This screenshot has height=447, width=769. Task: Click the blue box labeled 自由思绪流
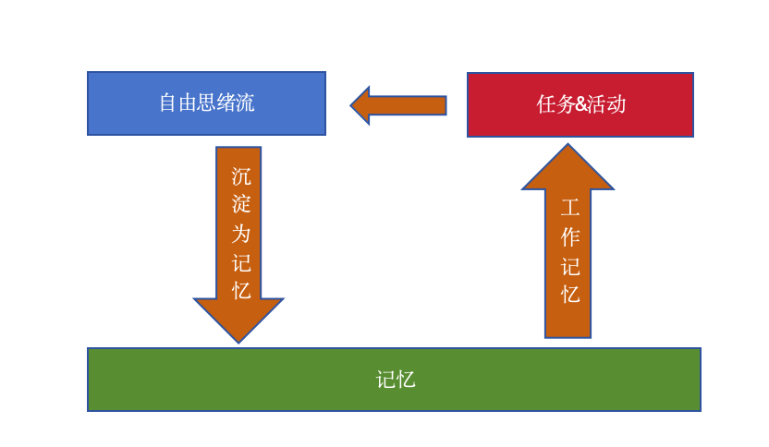[206, 103]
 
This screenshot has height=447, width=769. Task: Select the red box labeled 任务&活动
[580, 104]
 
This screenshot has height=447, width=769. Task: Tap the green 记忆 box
[394, 380]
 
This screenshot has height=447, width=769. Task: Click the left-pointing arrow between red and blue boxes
[398, 105]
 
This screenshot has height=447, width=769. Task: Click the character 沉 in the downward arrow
[240, 176]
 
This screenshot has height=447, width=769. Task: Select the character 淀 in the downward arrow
[240, 204]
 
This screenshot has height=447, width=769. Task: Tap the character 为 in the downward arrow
[240, 234]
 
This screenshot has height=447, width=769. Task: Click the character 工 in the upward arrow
[569, 208]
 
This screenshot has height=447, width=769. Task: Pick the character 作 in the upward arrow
[569, 237]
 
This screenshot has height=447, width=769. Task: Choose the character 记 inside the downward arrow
[240, 262]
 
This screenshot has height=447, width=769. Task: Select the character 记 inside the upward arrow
[569, 266]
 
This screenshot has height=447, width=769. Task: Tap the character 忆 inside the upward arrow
[569, 295]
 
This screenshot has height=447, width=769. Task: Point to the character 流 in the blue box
[245, 103]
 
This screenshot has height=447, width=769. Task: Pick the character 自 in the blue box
[168, 103]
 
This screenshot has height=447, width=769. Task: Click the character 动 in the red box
[616, 104]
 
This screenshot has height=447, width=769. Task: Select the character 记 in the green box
[385, 380]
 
